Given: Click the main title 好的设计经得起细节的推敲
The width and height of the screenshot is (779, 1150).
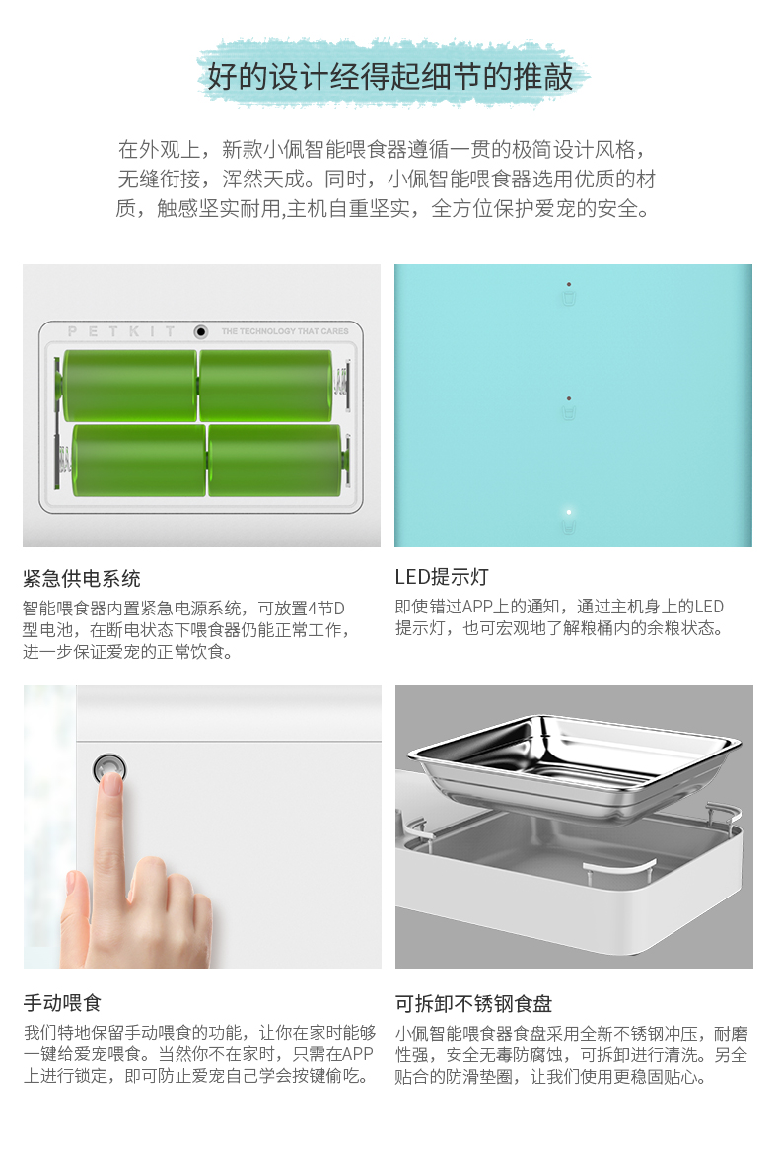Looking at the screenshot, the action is coord(389,76).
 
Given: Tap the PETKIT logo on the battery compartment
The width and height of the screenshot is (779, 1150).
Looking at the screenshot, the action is coord(121,331).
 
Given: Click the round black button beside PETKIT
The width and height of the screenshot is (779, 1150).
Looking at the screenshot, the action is coord(200,331).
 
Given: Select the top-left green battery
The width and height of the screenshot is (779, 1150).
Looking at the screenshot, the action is coord(130,385).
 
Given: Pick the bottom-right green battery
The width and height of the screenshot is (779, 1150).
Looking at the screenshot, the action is coord(276,461).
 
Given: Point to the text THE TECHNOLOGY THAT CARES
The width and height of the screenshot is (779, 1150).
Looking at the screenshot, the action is coord(285,331).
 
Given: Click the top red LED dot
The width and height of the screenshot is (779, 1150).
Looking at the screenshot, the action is coord(569,285).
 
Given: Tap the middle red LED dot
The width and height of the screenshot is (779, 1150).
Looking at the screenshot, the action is coord(569,399).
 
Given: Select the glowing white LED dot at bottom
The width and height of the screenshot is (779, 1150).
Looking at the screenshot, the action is coord(569,512).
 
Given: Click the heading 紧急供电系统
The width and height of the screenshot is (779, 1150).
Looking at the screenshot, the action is coord(82,579).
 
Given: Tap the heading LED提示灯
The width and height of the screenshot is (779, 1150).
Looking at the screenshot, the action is coord(442,577).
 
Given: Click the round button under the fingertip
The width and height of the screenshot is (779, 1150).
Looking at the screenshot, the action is coord(110,768).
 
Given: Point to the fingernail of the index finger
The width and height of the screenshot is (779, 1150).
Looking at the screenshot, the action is coord(111,782).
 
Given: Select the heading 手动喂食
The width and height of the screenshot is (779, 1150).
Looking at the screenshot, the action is coord(62,1003).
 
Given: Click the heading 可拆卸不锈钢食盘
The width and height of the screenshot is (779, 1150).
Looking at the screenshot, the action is coord(474,1003).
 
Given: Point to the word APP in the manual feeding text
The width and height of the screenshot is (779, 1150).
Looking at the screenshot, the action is coord(358,1054).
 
